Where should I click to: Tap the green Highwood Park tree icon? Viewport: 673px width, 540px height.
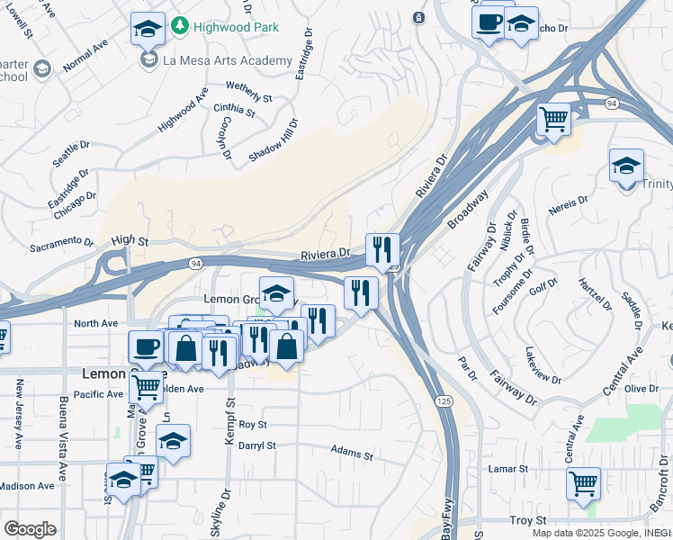click(180, 24)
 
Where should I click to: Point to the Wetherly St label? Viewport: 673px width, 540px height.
click(249, 91)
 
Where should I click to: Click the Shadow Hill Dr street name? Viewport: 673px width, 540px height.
click(273, 140)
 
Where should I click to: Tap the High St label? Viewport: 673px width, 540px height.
click(130, 240)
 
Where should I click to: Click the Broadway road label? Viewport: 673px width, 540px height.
click(468, 209)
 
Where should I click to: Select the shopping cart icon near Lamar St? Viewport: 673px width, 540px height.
click(583, 482)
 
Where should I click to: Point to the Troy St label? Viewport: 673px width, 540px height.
click(528, 521)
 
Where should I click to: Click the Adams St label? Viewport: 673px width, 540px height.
click(352, 452)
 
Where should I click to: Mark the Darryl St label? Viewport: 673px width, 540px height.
click(256, 445)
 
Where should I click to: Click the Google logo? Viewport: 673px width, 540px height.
click(30, 529)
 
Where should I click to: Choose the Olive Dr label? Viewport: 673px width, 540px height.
click(642, 388)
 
